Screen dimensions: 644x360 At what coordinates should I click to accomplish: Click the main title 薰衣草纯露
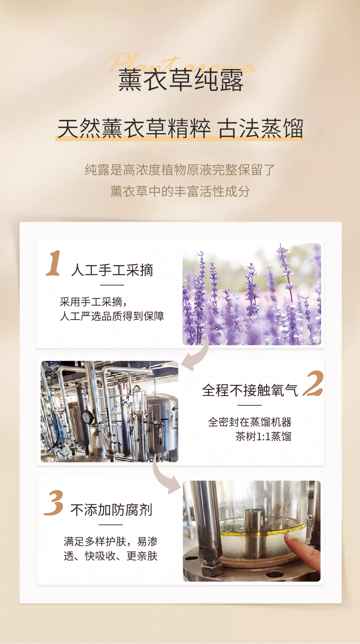[x=181, y=80]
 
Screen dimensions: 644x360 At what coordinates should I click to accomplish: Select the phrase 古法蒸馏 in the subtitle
[x=261, y=129]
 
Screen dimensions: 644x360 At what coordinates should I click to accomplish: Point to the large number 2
[x=313, y=384]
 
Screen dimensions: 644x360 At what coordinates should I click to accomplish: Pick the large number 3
[x=54, y=503]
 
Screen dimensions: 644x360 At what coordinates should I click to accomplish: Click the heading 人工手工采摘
[x=112, y=270]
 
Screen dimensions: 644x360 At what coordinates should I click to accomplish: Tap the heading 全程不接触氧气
[x=250, y=390]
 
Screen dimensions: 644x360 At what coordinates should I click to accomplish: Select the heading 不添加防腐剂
[x=111, y=510]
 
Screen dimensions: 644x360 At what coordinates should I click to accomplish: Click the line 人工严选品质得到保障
[x=112, y=316]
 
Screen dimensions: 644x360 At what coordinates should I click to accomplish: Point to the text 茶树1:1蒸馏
[x=263, y=437]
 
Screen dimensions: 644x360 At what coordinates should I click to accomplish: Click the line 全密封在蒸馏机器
[x=249, y=422]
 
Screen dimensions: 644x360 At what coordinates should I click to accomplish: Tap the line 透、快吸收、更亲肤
[x=111, y=556]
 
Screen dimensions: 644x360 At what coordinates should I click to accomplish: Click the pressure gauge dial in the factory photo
[x=87, y=417]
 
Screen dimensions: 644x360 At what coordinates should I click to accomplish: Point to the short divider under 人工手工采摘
[x=112, y=285]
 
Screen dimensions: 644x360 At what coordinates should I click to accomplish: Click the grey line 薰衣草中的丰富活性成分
[x=180, y=191]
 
